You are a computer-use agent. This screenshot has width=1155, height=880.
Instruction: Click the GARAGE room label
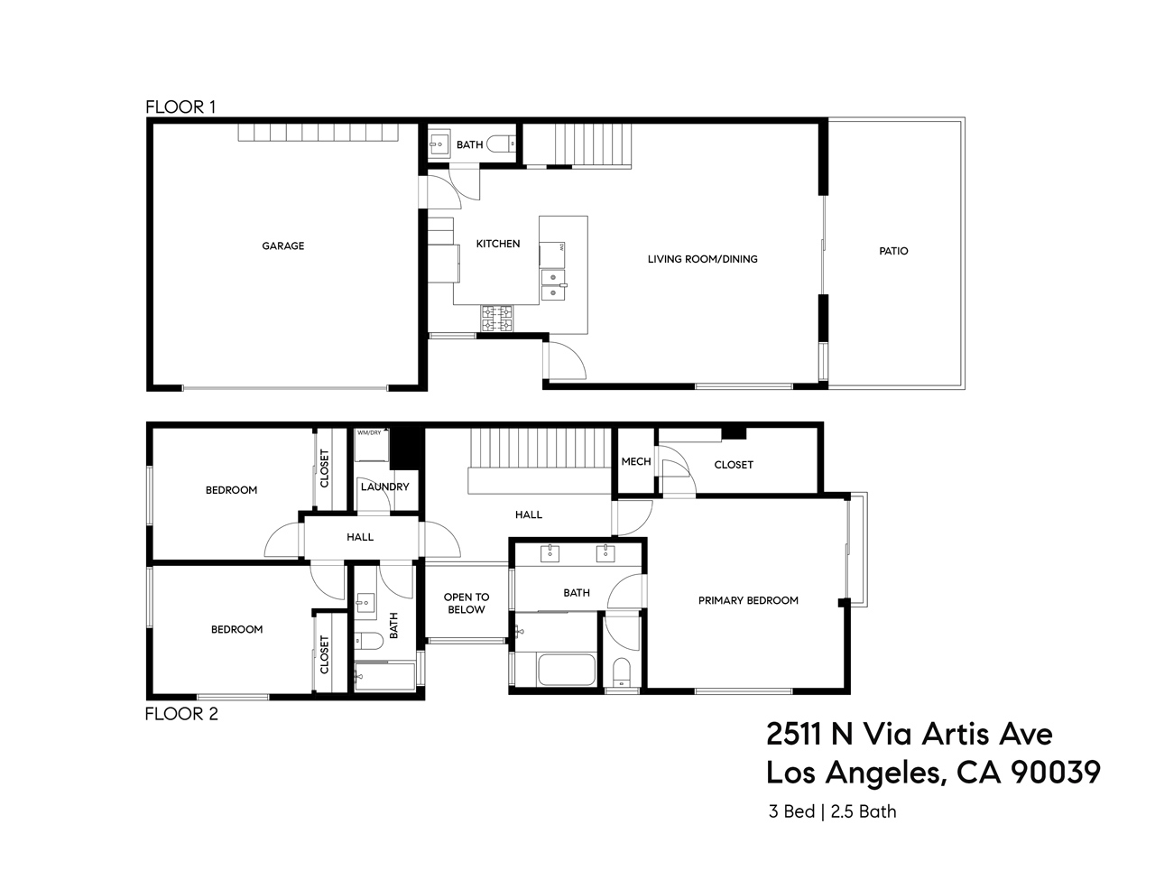click(282, 245)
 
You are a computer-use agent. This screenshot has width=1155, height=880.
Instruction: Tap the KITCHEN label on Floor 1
click(498, 244)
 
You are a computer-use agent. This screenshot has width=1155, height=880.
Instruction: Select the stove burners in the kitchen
click(497, 318)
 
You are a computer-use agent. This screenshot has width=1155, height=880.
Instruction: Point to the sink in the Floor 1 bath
click(439, 144)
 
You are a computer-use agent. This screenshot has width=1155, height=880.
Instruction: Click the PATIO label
click(893, 251)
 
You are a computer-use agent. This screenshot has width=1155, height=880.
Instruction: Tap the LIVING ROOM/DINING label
click(702, 259)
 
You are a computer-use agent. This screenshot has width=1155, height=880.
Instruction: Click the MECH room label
click(635, 461)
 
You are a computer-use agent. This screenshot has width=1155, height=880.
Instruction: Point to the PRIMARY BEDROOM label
click(748, 600)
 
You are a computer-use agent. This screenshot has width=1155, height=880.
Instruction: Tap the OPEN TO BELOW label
click(467, 603)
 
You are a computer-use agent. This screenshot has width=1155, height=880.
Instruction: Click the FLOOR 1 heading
click(180, 107)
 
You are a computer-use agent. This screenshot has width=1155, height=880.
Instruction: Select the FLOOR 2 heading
click(181, 714)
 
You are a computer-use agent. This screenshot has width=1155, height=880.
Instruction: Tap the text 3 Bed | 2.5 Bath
click(832, 811)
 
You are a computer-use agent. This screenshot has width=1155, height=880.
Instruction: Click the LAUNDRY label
click(385, 486)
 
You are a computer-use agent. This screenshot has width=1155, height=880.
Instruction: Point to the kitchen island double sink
click(553, 291)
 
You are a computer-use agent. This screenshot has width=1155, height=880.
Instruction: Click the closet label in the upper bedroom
click(324, 468)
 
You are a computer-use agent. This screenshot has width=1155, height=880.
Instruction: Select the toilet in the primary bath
click(621, 672)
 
